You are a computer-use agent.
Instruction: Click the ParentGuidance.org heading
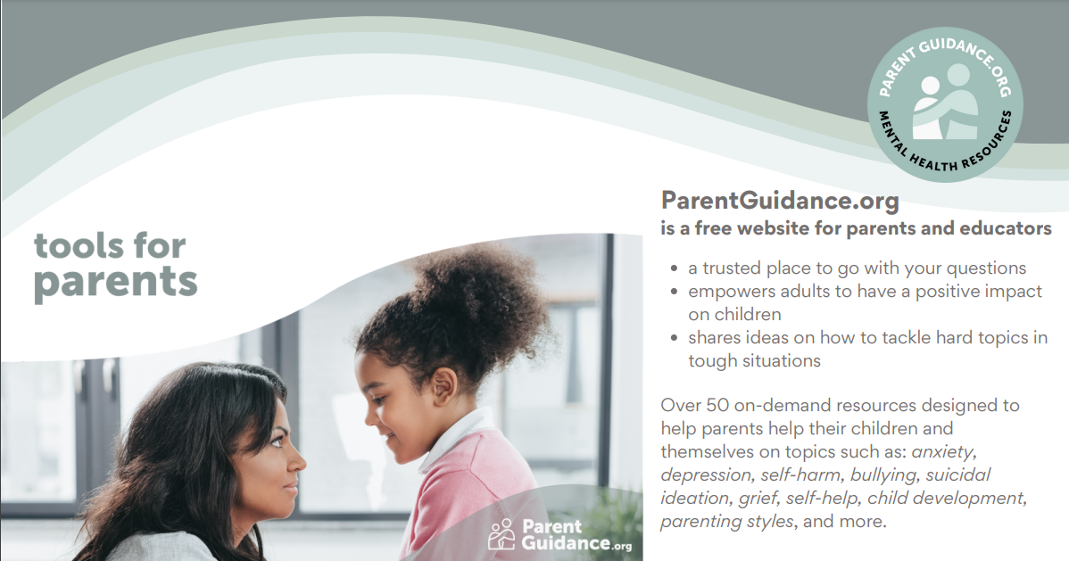point(780,201)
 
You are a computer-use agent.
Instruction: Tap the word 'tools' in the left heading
point(77,246)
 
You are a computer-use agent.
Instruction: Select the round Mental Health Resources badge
point(945,104)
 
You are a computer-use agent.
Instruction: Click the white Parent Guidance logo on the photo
point(559,535)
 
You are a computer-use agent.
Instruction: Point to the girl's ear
point(443,386)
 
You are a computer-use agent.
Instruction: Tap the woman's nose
point(296,462)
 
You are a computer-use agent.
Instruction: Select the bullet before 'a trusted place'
point(675,268)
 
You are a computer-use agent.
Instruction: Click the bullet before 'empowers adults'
point(675,292)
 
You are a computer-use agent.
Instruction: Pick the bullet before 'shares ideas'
point(675,338)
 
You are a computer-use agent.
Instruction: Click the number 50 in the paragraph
point(717,406)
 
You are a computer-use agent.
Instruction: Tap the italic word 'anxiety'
point(943,452)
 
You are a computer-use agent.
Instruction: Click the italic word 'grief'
point(758,499)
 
